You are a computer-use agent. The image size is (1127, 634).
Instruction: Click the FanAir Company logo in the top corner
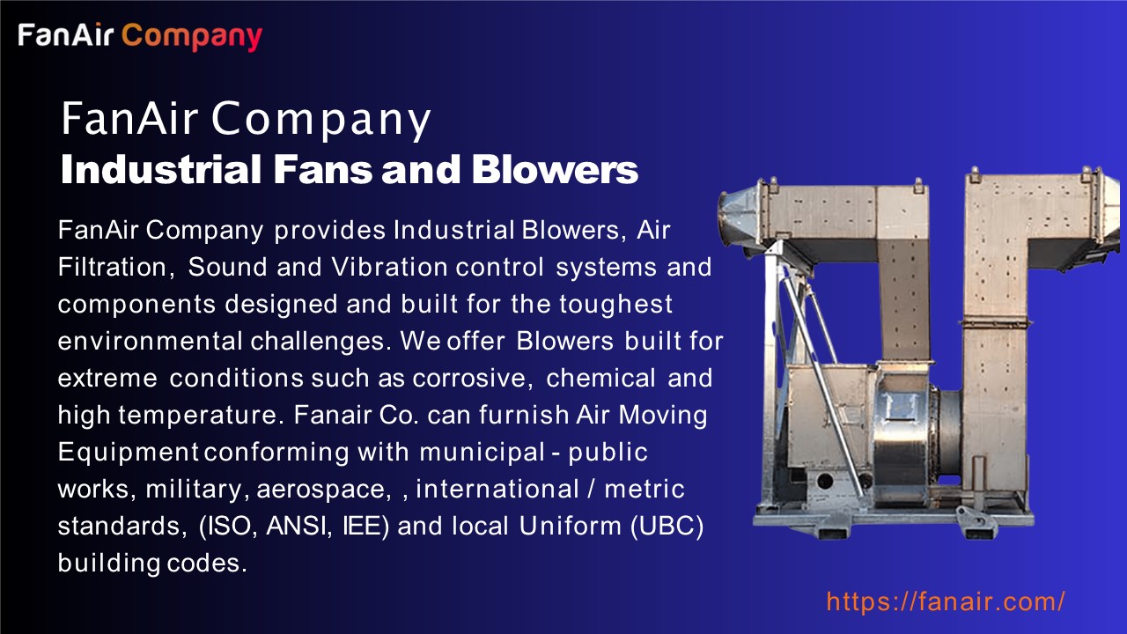140,36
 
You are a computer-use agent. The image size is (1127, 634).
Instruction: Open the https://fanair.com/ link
946,602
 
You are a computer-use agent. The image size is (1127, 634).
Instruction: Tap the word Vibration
390,267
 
